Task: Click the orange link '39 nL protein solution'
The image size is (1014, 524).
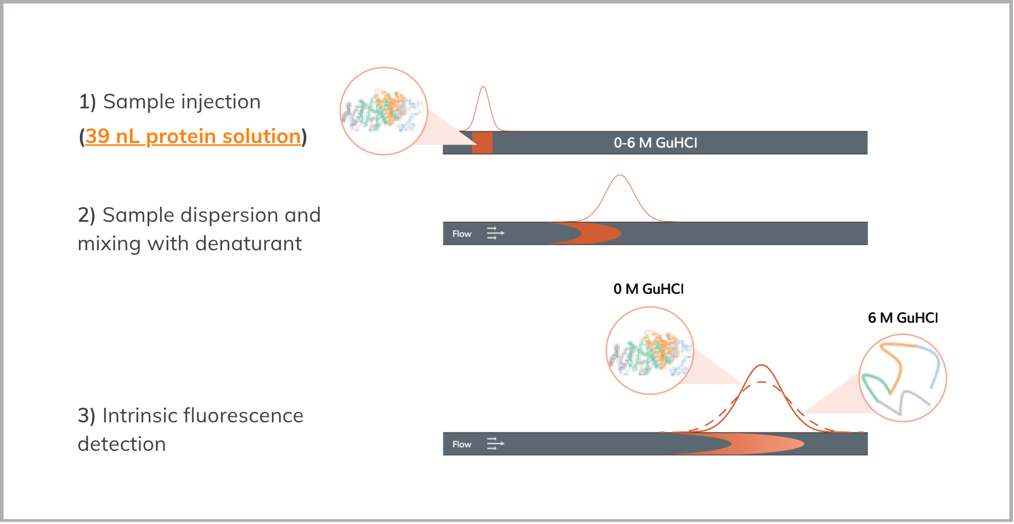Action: tap(193, 136)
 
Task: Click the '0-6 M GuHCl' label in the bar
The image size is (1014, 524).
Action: tap(655, 143)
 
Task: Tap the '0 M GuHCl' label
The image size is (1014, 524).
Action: tap(648, 289)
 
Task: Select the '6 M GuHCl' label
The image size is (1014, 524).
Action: tap(903, 318)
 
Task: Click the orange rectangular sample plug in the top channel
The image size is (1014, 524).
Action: tap(482, 142)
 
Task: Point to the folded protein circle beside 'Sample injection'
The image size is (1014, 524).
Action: tap(384, 111)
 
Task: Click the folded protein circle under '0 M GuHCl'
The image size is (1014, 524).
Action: tap(650, 350)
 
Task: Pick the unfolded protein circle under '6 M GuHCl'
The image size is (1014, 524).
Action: tap(903, 378)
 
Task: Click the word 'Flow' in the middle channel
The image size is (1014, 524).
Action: tap(462, 234)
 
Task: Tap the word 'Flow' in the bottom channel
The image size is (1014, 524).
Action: tap(462, 444)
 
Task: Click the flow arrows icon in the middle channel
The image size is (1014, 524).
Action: tap(496, 234)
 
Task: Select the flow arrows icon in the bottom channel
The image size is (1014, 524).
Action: tap(496, 444)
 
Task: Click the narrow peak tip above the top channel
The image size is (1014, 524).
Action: tap(483, 87)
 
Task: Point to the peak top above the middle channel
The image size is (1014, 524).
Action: tap(620, 175)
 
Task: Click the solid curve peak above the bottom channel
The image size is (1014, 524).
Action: tap(762, 365)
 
